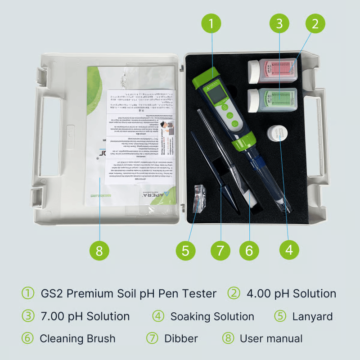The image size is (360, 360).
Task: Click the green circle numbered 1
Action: point(211,23)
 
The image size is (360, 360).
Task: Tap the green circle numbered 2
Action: point(315,23)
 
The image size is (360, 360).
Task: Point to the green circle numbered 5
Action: point(185,250)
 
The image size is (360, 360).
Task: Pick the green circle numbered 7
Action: point(220,250)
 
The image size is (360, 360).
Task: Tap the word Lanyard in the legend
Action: point(312,316)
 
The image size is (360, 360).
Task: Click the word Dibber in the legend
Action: point(181,338)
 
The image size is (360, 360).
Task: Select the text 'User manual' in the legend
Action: point(271,338)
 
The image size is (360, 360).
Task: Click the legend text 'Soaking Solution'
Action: point(212,316)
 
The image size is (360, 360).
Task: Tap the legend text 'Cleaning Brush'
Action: point(77,338)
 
